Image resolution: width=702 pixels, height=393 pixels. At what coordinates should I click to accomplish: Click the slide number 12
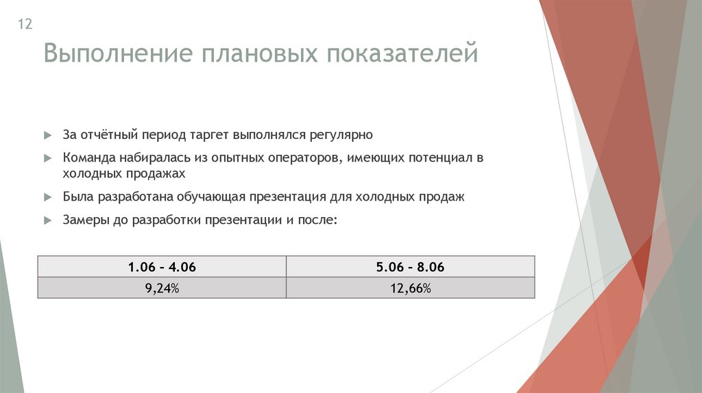tap(25, 25)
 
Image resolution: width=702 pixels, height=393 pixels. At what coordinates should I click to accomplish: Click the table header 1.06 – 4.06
tap(162, 267)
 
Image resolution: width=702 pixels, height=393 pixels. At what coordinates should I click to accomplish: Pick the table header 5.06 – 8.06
tap(410, 267)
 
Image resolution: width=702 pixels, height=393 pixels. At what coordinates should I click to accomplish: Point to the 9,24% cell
tap(162, 288)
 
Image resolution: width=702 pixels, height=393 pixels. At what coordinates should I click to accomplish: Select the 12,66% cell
tap(410, 288)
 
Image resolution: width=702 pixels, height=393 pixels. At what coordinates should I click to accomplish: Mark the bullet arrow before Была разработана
tap(47, 197)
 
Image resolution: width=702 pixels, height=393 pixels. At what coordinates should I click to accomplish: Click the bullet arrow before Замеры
tap(47, 220)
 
